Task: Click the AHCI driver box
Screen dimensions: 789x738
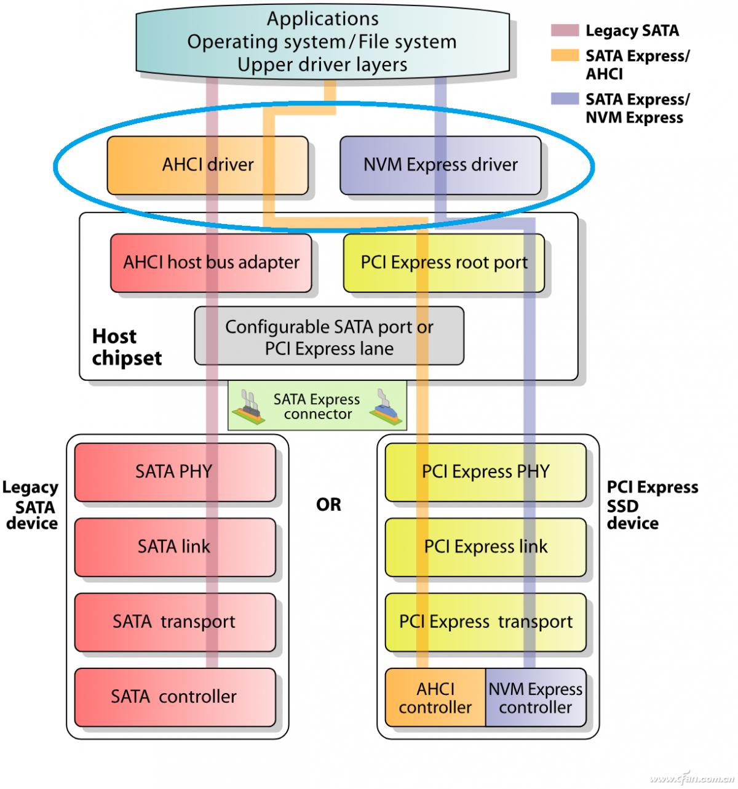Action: pos(207,165)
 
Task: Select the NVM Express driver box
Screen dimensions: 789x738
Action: pos(440,165)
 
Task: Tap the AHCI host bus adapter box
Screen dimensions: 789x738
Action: pos(210,263)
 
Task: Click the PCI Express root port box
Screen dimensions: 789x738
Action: pos(443,263)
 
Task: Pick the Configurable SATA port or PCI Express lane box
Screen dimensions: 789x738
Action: pos(329,337)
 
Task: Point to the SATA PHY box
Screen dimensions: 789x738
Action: pos(175,472)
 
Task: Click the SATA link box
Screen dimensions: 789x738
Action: pos(175,547)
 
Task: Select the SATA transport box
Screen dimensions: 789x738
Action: pos(175,622)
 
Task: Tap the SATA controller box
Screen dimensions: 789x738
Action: pos(175,697)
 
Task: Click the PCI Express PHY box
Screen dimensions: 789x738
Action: pos(485,472)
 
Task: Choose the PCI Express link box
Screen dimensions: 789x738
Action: pos(485,547)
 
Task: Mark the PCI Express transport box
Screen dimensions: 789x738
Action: pos(485,622)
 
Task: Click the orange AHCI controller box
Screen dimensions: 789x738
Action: pos(435,698)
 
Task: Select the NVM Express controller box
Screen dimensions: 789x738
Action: pos(536,698)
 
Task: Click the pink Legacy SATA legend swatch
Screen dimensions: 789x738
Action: pos(565,30)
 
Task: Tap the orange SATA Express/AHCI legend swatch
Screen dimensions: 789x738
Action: pos(565,55)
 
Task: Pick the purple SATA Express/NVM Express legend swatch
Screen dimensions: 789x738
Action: pos(565,98)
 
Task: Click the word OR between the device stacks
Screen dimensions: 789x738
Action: pos(328,505)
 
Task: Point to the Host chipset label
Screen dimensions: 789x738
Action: pos(127,347)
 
